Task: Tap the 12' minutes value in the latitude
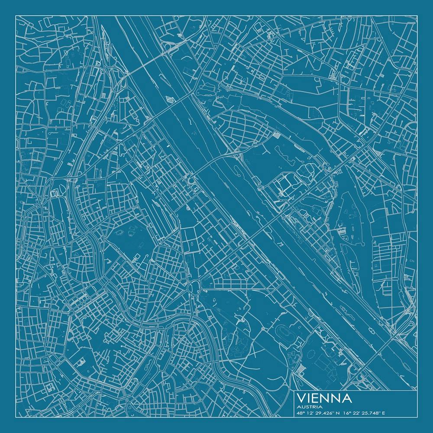pyautogui.click(x=312, y=413)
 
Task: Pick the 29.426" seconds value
pyautogui.click(x=326, y=413)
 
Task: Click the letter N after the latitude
pyautogui.click(x=338, y=413)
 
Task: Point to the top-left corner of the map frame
pyautogui.click(x=16, y=16)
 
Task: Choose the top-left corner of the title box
pyautogui.click(x=294, y=392)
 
